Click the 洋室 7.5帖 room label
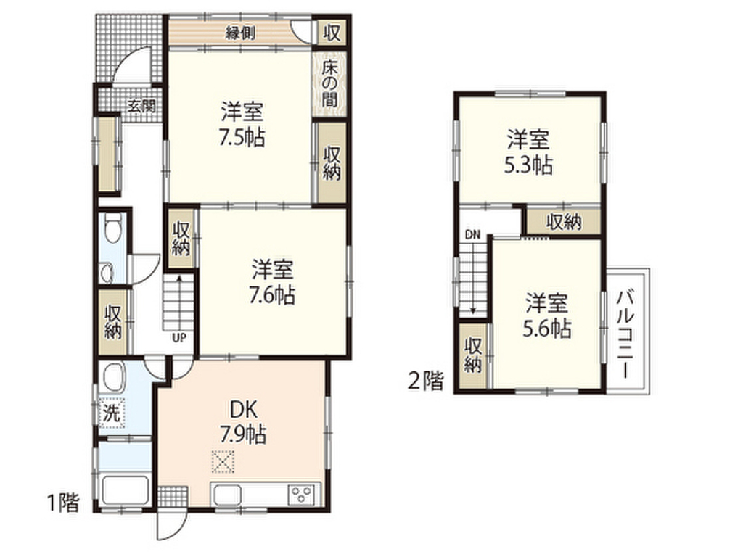click(242, 125)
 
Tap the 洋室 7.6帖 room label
click(273, 282)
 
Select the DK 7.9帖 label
click(242, 422)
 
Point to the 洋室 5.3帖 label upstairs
click(528, 152)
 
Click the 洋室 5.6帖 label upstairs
click(547, 315)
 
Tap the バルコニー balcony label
click(626, 334)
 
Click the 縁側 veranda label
click(240, 33)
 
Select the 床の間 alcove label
click(329, 83)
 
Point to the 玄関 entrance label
click(141, 106)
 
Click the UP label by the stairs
click(179, 338)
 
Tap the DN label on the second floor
click(472, 234)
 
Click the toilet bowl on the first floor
click(112, 227)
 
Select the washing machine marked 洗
click(111, 413)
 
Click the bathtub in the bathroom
click(125, 491)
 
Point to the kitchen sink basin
click(227, 495)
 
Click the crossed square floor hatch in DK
click(223, 462)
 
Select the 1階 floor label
click(64, 503)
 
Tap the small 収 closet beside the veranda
click(332, 33)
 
